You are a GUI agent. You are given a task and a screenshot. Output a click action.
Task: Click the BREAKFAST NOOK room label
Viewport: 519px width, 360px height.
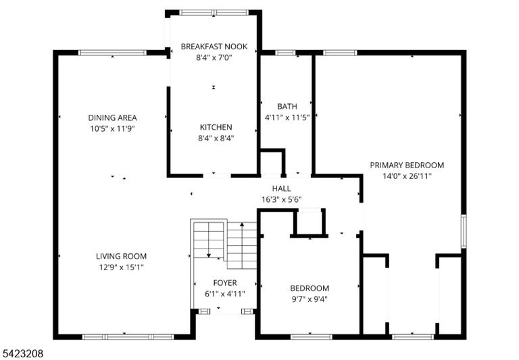214,47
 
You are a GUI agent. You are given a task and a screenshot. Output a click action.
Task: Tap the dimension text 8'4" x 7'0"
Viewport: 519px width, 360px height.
214,57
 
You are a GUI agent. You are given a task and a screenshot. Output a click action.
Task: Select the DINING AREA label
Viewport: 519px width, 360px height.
112,118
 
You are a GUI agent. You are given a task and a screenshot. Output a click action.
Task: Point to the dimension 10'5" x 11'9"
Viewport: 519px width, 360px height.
112,129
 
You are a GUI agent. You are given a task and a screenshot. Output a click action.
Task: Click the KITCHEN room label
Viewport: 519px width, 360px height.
216,127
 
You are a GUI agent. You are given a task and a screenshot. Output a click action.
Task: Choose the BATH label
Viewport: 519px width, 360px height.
287,106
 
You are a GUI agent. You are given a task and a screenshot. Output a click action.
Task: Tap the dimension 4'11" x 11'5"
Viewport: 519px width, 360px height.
287,118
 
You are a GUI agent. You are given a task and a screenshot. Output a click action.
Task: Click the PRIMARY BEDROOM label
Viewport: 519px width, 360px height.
407,165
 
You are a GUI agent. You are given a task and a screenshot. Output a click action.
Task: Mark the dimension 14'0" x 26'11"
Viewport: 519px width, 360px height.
407,176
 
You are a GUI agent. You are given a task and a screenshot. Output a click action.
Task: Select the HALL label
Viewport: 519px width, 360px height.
281,188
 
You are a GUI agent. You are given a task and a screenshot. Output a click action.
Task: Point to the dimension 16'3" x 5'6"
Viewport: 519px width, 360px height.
281,199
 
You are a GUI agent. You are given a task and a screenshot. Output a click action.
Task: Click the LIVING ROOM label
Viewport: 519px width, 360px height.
121,256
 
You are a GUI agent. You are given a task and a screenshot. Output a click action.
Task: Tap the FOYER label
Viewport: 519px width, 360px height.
225,283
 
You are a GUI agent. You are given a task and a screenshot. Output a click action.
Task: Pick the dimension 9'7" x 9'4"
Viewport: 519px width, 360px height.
310,299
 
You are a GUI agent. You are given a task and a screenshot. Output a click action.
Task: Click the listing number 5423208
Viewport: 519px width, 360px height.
22,354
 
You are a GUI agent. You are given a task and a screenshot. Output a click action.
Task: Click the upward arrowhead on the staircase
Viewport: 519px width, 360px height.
242,224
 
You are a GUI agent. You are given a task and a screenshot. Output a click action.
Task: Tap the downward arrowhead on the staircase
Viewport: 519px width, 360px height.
209,255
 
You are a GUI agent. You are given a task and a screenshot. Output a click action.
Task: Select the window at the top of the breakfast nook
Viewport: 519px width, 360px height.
214,13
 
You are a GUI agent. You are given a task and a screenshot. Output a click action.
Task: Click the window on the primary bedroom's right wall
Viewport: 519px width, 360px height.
464,231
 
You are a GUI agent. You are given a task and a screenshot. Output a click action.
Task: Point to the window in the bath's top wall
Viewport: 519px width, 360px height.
285,53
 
